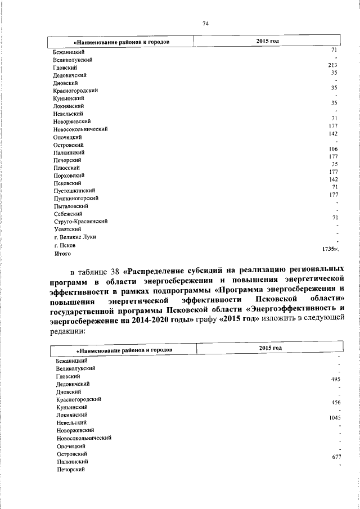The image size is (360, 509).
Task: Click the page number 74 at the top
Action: tap(205, 23)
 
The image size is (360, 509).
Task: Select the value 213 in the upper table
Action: tap(332, 65)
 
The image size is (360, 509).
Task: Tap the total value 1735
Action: tap(329, 248)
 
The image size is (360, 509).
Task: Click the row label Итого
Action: tap(62, 254)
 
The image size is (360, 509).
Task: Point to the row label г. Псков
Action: tap(65, 246)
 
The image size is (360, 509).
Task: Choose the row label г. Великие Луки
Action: tap(75, 237)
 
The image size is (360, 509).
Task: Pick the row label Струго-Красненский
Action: tap(80, 222)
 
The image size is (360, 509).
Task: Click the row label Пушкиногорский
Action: tap(76, 199)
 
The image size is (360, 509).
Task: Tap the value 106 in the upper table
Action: tap(332, 148)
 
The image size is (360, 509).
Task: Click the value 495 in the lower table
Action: tap(336, 380)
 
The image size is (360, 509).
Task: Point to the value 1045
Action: tap(335, 418)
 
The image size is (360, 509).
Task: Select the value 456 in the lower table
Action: tap(336, 403)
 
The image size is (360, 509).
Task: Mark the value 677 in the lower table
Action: tap(336, 457)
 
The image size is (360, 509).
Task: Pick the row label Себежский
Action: tap(68, 214)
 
